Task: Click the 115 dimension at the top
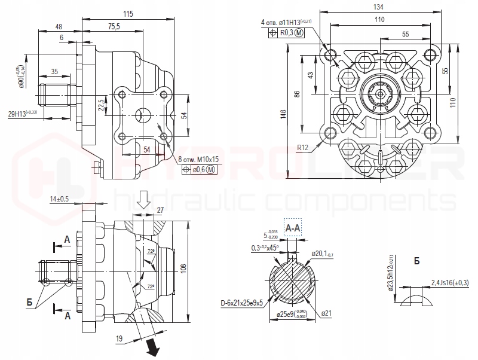[128, 14]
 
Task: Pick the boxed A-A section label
[293, 228]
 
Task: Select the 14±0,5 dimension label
[59, 199]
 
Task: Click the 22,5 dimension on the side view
[102, 106]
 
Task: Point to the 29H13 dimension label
[19, 112]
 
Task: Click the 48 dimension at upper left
[59, 26]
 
